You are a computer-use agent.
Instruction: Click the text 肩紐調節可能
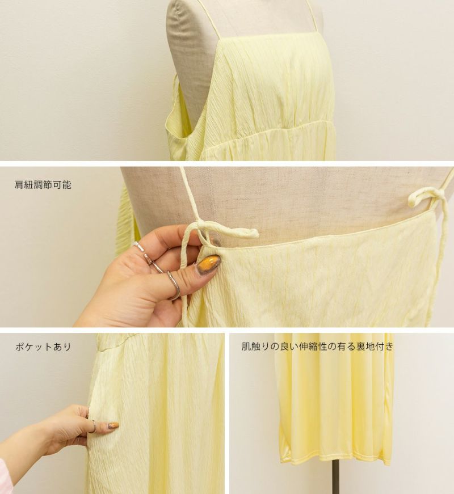click(x=43, y=184)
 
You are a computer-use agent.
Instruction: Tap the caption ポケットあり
click(x=43, y=347)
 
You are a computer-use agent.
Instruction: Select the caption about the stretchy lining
click(x=318, y=347)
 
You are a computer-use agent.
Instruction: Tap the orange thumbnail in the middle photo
click(x=208, y=262)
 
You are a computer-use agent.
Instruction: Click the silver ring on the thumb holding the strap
click(x=174, y=285)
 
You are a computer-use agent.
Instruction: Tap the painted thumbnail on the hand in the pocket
click(x=113, y=425)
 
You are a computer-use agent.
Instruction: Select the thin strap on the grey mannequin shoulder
click(x=208, y=19)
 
